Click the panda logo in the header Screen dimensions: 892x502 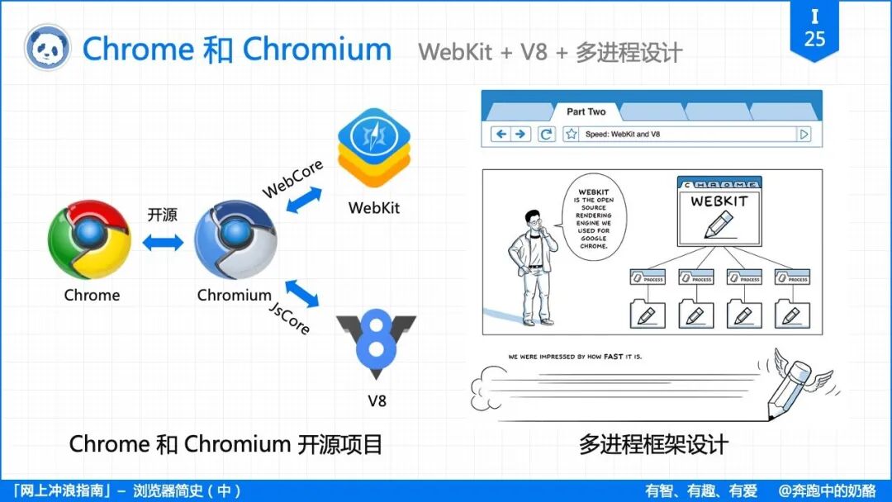(x=46, y=49)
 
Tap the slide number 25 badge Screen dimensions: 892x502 (x=814, y=30)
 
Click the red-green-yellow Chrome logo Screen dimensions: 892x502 (x=89, y=240)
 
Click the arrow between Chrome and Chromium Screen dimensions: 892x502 (x=163, y=242)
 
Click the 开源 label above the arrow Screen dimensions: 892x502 (x=162, y=215)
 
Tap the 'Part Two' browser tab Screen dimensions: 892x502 (x=586, y=112)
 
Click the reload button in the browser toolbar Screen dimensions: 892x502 (x=546, y=134)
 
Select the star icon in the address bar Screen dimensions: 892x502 (x=570, y=134)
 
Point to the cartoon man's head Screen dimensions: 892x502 (x=534, y=220)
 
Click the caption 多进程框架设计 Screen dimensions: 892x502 (x=652, y=445)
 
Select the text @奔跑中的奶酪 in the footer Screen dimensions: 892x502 (x=827, y=490)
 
